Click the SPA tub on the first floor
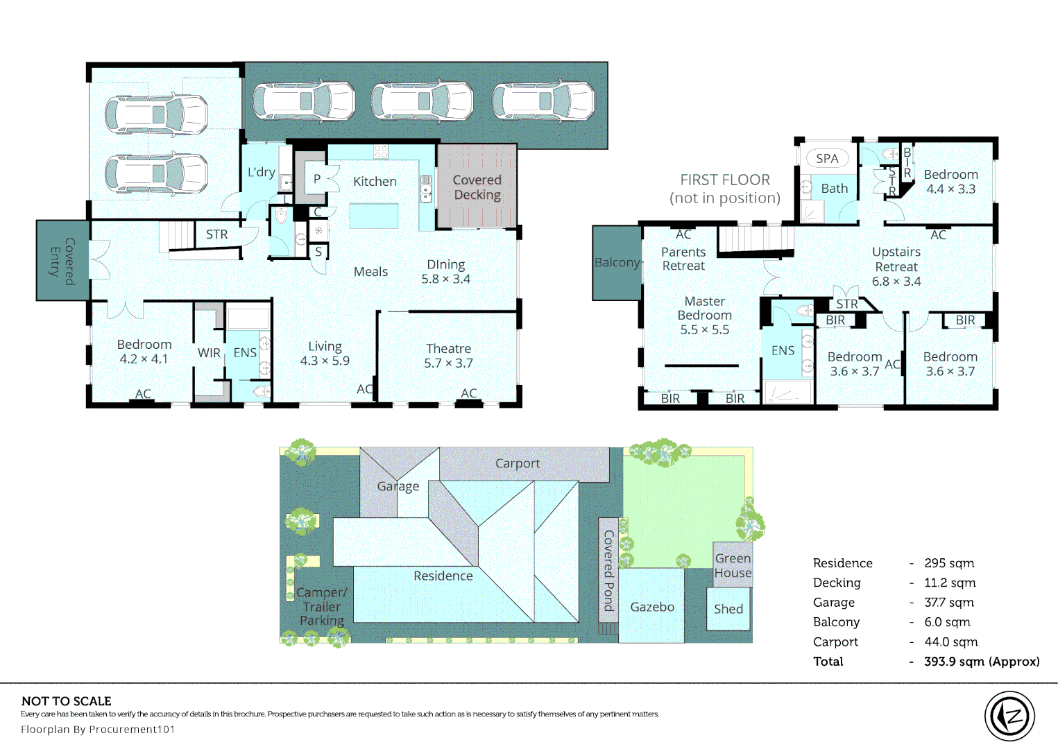827,158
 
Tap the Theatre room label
448,349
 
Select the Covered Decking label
477,187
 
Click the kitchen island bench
374,216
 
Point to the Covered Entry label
63,261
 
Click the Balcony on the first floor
617,263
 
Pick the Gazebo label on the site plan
652,607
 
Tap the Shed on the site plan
728,609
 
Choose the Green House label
733,565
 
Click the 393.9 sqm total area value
982,661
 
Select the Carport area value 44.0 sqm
950,642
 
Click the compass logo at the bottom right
1009,716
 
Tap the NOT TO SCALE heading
67,701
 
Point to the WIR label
209,353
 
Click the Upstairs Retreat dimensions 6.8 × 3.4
896,282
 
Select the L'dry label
261,172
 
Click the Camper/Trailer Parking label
322,606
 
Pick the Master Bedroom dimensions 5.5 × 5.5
704,329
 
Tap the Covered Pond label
608,571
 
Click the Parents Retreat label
683,259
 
